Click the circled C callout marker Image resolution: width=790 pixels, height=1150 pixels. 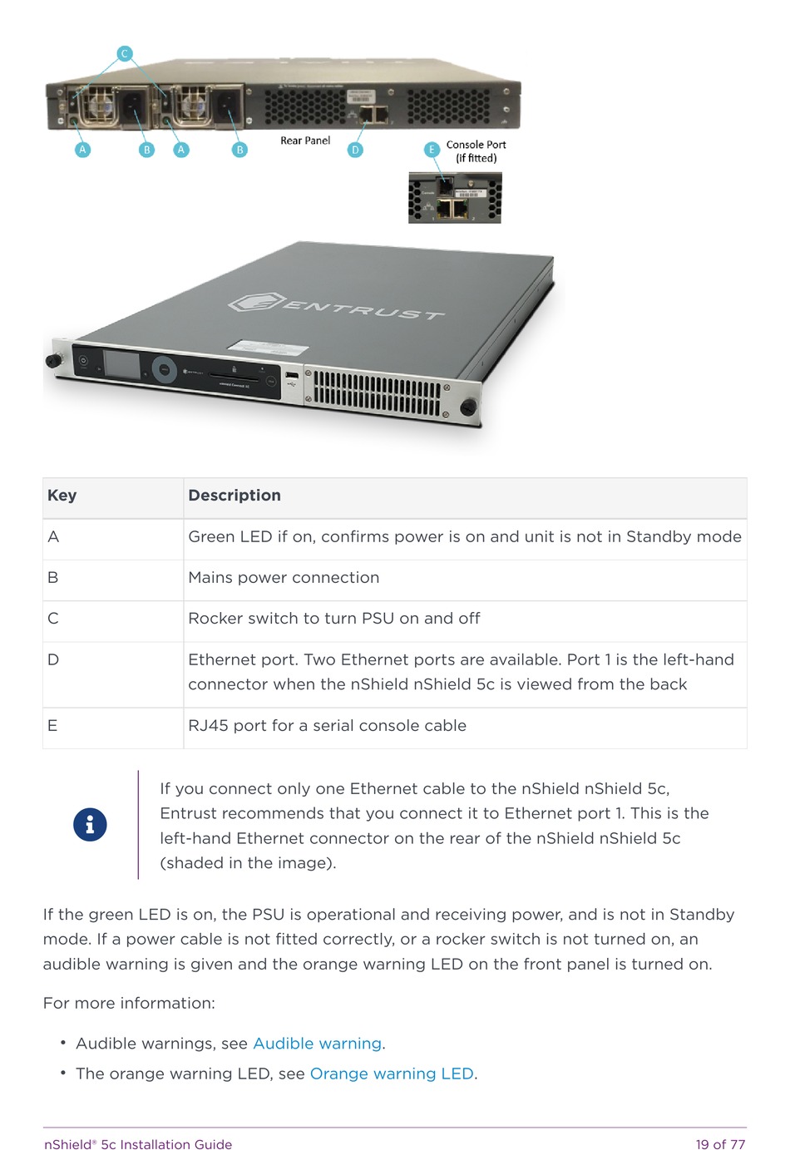pyautogui.click(x=124, y=54)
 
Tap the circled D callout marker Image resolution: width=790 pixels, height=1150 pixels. pyautogui.click(x=355, y=150)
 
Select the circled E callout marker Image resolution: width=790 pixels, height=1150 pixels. pyautogui.click(x=432, y=150)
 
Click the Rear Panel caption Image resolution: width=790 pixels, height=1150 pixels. pyautogui.click(x=305, y=141)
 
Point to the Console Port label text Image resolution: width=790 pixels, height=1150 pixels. pyautogui.click(x=476, y=145)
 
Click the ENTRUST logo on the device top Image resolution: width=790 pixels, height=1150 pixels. pyautogui.click(x=337, y=307)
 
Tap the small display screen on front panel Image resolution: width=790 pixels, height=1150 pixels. pyautogui.click(x=121, y=365)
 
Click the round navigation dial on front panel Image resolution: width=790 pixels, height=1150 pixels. pyautogui.click(x=164, y=369)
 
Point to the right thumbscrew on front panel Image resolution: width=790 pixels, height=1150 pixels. pyautogui.click(x=468, y=407)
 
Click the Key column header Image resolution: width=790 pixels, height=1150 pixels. pyautogui.click(x=62, y=496)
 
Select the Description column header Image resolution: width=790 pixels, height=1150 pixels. pyautogui.click(x=235, y=496)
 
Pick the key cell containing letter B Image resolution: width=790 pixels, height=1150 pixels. pyautogui.click(x=53, y=578)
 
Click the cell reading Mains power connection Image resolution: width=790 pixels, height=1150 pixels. pyautogui.click(x=284, y=578)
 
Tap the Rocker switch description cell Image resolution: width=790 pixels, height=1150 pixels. pyautogui.click(x=334, y=619)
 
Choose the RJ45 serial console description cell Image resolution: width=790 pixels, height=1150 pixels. pyautogui.click(x=327, y=726)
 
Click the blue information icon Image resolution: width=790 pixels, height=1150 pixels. pyautogui.click(x=90, y=825)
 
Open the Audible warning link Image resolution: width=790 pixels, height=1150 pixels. pyautogui.click(x=317, y=1044)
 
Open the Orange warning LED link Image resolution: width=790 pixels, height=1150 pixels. pyautogui.click(x=392, y=1073)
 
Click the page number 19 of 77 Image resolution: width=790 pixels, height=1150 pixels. pyautogui.click(x=720, y=1144)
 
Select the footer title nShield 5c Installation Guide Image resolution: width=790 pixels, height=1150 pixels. pyautogui.click(x=138, y=1144)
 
